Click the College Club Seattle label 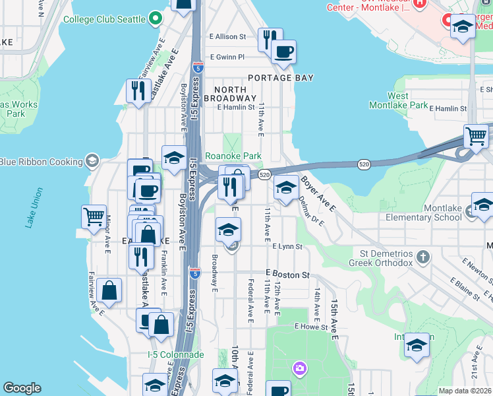[104, 19]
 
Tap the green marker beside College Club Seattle [156, 18]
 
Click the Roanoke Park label [233, 156]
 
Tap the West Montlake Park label [407, 100]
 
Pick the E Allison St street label [227, 37]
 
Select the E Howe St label [311, 327]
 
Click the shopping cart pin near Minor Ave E [94, 216]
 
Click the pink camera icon [300, 368]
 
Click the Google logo [22, 388]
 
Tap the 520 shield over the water [363, 163]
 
